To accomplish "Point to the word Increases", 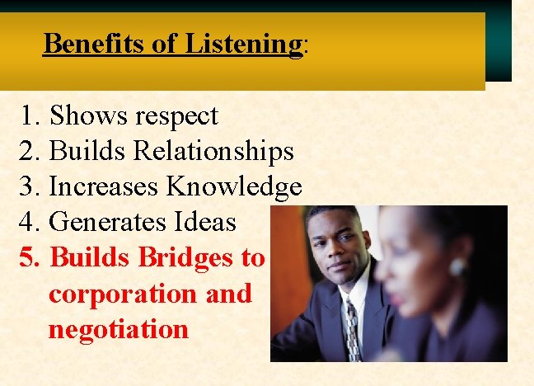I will pyautogui.click(x=105, y=187).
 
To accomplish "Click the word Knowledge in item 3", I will pyautogui.click(x=234, y=187).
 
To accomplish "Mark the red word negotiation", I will pyautogui.click(x=119, y=330).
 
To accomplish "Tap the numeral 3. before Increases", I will pyautogui.click(x=29, y=187).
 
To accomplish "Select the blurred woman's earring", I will pyautogui.click(x=457, y=267).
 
